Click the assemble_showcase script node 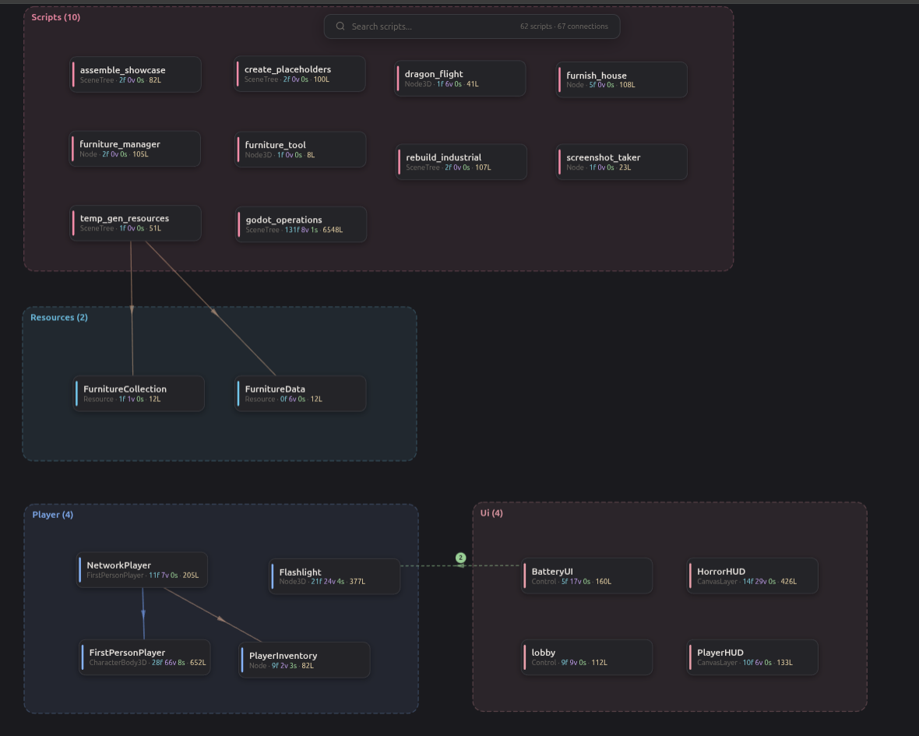coord(136,74)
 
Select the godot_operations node coord(301,224)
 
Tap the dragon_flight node coord(460,79)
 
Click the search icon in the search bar coord(340,26)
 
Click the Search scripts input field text coord(382,26)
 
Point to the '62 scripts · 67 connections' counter coord(564,26)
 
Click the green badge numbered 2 coord(460,558)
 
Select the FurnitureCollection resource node coord(139,393)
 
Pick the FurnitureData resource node coord(301,393)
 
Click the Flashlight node coord(334,576)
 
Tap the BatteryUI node coord(586,576)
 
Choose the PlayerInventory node coord(305,660)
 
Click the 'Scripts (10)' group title coord(55,17)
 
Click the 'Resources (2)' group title coord(59,318)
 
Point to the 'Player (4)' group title coord(53,515)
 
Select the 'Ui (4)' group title coord(491,513)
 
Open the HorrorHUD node coord(752,576)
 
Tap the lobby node coord(586,657)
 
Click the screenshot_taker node coord(621,162)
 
